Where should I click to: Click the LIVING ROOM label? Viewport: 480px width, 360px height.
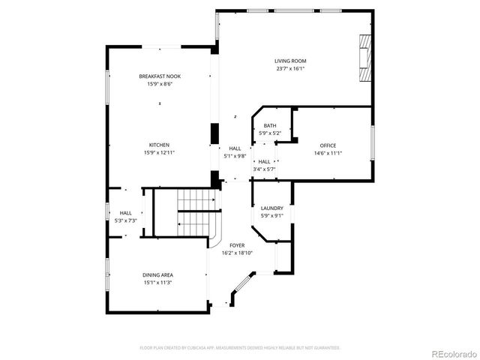(290, 61)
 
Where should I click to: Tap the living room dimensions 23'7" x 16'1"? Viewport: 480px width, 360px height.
(290, 68)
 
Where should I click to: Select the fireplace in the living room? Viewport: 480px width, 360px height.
(364, 58)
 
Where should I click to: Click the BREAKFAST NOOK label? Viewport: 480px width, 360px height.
(159, 76)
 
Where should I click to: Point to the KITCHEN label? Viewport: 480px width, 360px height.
(159, 145)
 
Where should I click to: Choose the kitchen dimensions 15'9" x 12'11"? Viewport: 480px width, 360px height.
(159, 152)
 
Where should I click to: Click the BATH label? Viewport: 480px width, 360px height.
(270, 126)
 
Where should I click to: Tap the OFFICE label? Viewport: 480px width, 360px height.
(328, 145)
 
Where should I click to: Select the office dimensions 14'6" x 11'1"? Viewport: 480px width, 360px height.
(328, 153)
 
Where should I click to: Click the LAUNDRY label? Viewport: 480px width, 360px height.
(271, 208)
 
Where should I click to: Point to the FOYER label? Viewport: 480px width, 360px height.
(237, 245)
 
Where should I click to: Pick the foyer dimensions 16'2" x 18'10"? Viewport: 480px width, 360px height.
(237, 253)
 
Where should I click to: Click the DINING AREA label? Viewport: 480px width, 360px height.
(158, 275)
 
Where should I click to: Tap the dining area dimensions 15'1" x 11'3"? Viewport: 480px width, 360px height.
(158, 283)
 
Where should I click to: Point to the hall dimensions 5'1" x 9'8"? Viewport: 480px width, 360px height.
(235, 156)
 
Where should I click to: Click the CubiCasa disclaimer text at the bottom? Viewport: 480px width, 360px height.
(240, 348)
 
